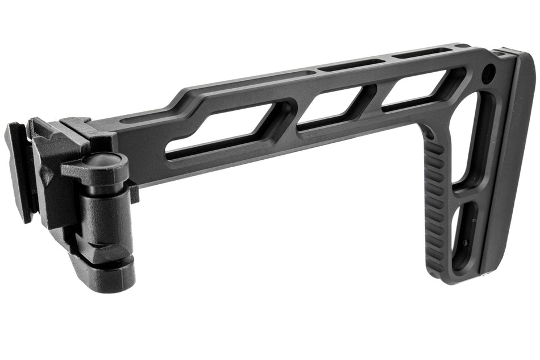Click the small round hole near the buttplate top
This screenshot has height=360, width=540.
click(x=488, y=73)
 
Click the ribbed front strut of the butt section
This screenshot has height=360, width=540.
click(x=435, y=205)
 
